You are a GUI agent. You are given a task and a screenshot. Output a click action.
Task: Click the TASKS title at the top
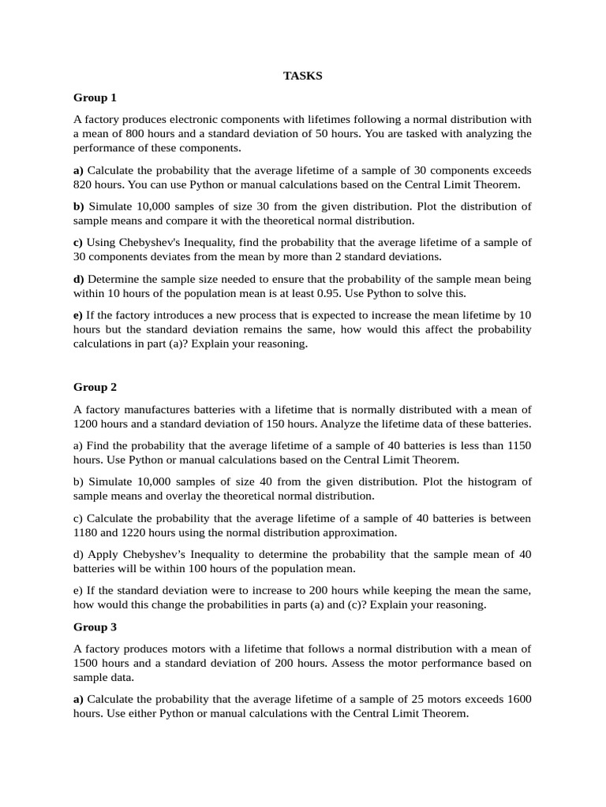click(303, 76)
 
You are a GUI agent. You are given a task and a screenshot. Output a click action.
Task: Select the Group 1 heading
click(95, 98)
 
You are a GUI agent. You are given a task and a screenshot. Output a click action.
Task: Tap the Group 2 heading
click(95, 387)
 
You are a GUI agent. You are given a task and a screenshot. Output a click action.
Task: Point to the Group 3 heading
click(95, 627)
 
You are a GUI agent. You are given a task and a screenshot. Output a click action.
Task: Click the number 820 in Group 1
click(87, 184)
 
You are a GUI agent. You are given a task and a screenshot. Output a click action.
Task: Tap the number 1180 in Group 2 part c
click(87, 532)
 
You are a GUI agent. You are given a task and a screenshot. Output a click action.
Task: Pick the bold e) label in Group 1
click(78, 315)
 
